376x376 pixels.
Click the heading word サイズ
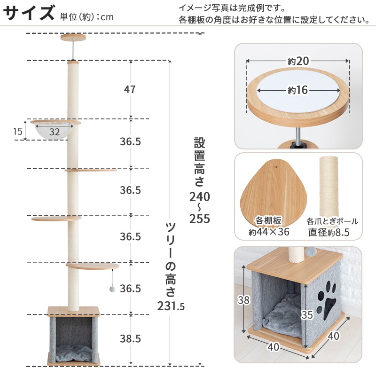[x=29, y=13]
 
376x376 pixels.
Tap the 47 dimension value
[x=130, y=89]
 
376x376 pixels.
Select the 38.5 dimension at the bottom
[x=130, y=338]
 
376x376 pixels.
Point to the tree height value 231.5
[x=171, y=306]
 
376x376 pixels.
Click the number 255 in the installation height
[x=199, y=219]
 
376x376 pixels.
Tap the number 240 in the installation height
[x=199, y=196]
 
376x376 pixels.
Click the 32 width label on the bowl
[x=55, y=132]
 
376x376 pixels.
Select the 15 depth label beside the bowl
[x=18, y=131]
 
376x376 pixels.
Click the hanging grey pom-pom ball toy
[x=112, y=289]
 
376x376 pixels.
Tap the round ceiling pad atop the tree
[x=73, y=38]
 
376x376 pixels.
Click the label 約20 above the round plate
[x=298, y=61]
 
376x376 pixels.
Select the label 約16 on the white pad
[x=298, y=90]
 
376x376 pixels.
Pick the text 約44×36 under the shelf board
[x=269, y=232]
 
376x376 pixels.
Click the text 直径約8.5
[x=329, y=232]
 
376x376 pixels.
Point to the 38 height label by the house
[x=243, y=300]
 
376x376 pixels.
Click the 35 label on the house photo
[x=307, y=314]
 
